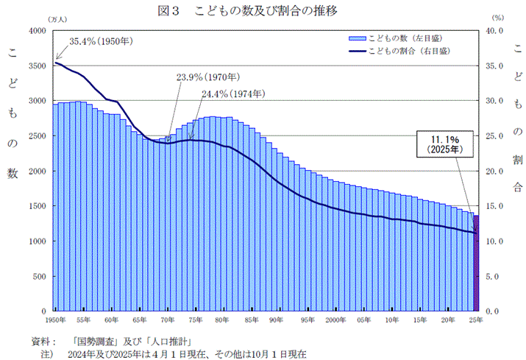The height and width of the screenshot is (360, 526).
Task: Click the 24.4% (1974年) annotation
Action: coord(233,94)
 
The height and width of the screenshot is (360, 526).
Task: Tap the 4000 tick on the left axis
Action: coord(36,31)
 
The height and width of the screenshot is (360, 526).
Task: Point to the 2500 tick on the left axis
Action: coord(36,136)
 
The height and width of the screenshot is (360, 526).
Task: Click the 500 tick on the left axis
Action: coord(38,277)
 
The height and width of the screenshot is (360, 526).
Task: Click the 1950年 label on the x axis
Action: coord(55,321)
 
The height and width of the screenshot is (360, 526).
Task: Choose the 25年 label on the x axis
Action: coord(476,321)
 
